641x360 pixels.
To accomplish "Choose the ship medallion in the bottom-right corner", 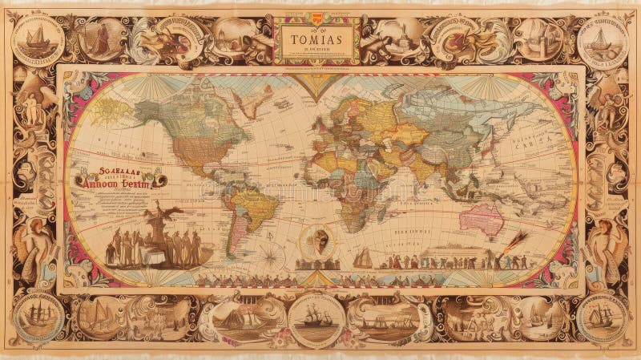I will point(602,318).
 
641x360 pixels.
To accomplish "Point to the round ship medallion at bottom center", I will point(316,319).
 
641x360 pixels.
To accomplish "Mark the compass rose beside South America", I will point(271,256).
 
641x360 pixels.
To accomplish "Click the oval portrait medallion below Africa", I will point(318,241).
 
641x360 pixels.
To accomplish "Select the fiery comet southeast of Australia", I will point(514,239).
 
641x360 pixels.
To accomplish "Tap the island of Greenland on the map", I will point(248,100).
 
